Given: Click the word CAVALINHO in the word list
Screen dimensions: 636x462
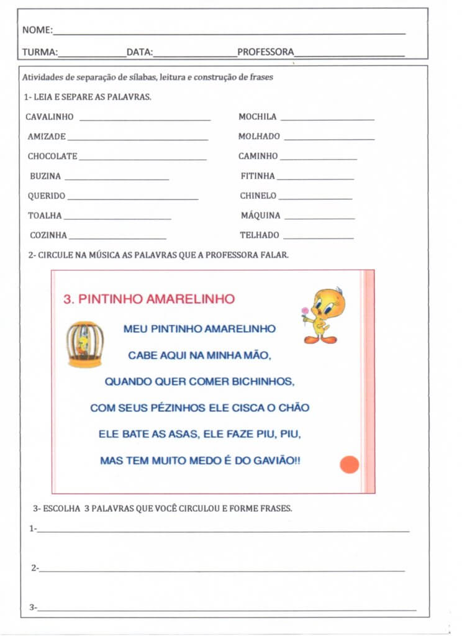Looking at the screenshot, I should pos(50,117).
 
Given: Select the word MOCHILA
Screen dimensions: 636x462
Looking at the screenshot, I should pos(257,117).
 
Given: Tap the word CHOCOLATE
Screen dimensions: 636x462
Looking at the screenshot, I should pos(52,157).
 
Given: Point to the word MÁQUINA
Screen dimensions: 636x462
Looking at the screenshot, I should pos(260,216).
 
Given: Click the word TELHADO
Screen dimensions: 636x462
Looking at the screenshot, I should pos(260,235).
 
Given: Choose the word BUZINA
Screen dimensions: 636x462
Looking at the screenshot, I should pos(45,176).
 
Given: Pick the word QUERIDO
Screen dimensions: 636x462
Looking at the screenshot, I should pos(46,196).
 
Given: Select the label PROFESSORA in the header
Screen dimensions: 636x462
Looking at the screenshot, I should pos(265,52).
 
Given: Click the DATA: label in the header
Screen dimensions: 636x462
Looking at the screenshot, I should pos(140,52).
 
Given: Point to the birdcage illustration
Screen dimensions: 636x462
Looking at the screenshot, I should pos(85,345).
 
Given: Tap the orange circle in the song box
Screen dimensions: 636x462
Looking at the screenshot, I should pos(350,464).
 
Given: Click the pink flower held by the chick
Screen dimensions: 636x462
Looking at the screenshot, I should pos(305,311).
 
